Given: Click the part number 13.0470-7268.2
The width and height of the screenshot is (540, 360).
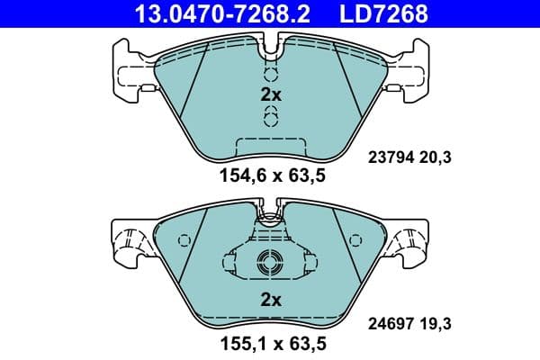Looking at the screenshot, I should (210, 13).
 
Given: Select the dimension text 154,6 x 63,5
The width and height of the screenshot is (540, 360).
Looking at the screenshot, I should (269, 176).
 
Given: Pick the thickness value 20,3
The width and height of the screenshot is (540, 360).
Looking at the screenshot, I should (436, 157).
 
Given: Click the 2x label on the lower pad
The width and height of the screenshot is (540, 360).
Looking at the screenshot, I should (271, 299).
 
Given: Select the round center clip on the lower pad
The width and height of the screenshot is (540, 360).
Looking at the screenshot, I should (269, 264).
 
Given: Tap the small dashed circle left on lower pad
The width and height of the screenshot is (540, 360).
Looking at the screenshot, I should (184, 240).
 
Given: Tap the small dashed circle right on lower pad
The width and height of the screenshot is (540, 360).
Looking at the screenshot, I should (354, 240).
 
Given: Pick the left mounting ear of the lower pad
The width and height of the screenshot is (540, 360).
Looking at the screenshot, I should (130, 241).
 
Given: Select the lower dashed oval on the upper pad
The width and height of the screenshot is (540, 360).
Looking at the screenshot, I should (269, 118).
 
